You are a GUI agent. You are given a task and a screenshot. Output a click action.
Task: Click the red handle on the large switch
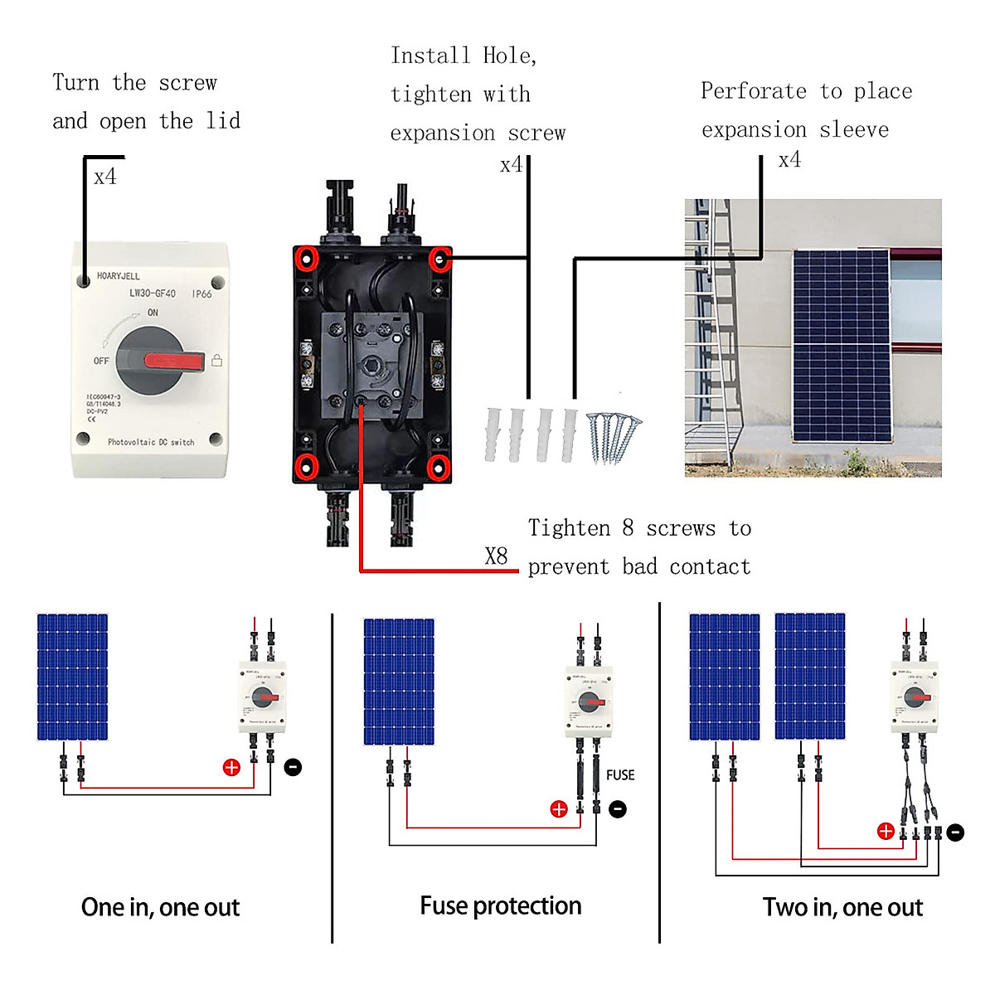[174, 361]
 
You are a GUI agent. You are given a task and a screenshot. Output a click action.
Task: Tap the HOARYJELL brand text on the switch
[119, 276]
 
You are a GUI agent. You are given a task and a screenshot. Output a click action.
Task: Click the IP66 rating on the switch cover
[201, 294]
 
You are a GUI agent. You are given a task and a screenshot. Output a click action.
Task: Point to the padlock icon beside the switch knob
[217, 361]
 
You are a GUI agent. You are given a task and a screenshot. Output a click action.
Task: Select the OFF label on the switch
[101, 361]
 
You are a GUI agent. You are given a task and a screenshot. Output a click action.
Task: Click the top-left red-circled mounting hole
[307, 260]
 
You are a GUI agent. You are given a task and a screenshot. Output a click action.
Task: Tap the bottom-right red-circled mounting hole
[439, 467]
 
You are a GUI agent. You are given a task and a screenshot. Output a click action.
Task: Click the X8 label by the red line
[496, 556]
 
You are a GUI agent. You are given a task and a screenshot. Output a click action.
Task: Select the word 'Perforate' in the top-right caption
[753, 91]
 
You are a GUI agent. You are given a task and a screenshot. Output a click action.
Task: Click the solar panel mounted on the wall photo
[841, 346]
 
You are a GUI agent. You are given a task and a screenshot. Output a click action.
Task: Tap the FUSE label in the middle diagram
[620, 775]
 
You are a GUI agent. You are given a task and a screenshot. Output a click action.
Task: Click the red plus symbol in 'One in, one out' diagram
[231, 768]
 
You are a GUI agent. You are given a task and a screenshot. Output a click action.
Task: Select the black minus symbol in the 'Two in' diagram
[955, 832]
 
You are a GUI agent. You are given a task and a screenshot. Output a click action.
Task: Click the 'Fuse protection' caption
[500, 905]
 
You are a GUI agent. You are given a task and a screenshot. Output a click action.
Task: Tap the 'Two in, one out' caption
[842, 907]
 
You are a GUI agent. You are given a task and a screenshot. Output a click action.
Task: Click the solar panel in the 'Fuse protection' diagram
[399, 682]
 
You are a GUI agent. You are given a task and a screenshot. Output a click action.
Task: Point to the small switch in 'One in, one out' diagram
[263, 697]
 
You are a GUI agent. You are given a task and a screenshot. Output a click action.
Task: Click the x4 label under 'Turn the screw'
[105, 177]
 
